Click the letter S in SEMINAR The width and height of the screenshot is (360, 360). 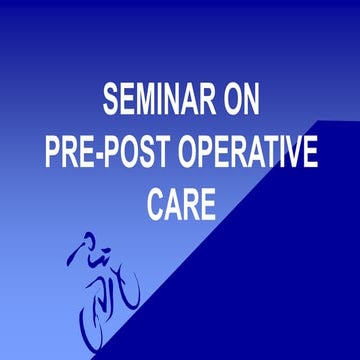click(x=111, y=100)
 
